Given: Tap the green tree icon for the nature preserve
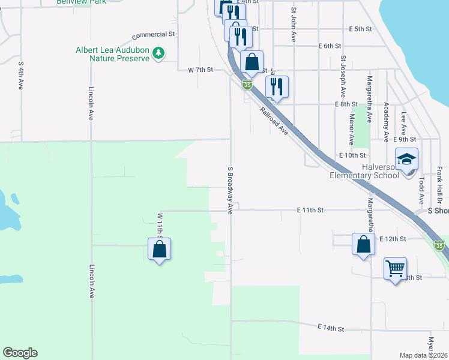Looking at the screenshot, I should (x=158, y=53).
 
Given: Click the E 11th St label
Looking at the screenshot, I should (x=310, y=210).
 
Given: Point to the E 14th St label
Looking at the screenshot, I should (x=331, y=329).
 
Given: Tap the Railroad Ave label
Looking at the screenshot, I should (x=274, y=121).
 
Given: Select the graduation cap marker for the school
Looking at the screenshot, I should (x=407, y=159).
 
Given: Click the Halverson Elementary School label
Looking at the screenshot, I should (x=365, y=171).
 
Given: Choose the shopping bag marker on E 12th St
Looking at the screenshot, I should (x=363, y=244).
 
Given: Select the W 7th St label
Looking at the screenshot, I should (x=200, y=70).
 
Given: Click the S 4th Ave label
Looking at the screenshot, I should (x=21, y=75).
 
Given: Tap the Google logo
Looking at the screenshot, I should (x=20, y=353).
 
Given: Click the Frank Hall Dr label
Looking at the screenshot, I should (x=439, y=184).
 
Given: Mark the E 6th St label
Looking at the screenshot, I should (x=330, y=46).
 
